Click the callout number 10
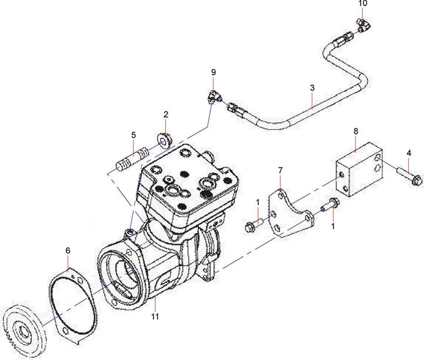tap(363, 4)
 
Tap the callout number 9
tap(213, 72)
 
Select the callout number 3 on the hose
tap(312, 88)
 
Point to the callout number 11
tap(155, 316)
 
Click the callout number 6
tap(68, 251)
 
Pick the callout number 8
tap(356, 131)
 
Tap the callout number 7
tap(280, 171)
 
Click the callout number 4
tap(409, 153)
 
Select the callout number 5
tap(133, 135)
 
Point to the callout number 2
tap(166, 114)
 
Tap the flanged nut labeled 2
tap(165, 141)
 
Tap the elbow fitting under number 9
tap(215, 98)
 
